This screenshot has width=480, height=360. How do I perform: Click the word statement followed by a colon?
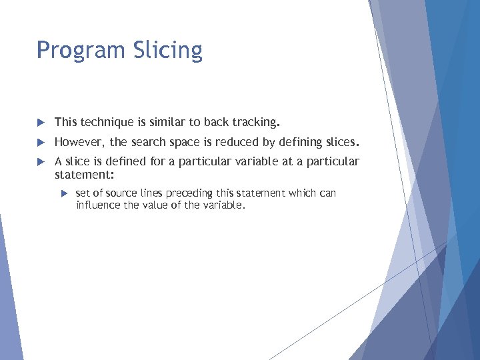coord(84,174)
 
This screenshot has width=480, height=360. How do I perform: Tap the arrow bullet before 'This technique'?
coord(40,123)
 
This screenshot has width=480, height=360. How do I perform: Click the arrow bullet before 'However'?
coord(40,143)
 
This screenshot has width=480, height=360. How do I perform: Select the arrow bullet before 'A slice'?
coord(40,162)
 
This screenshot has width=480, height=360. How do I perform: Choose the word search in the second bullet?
coord(147,142)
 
